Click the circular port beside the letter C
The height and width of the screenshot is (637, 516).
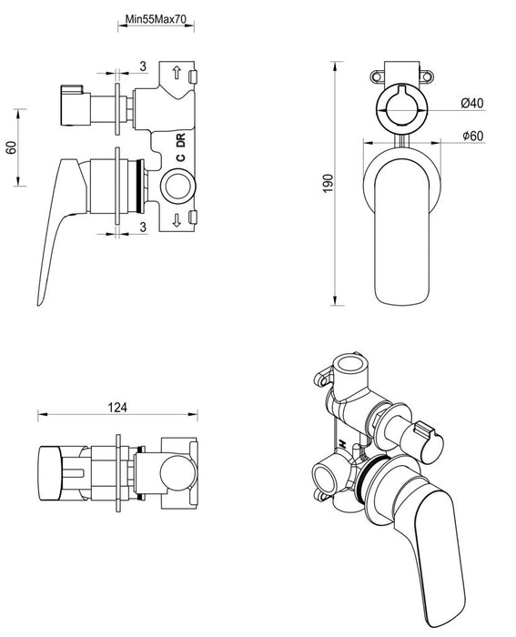point(177,189)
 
